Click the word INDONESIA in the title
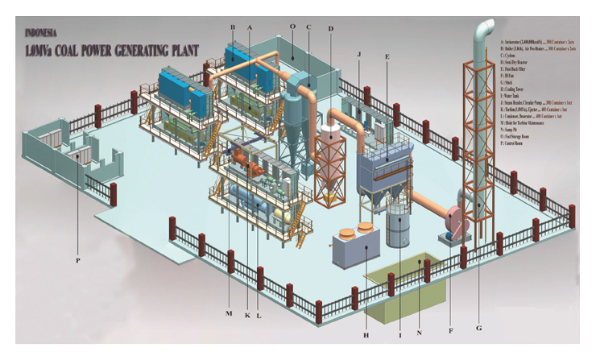[x=41, y=34]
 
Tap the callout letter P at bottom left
[x=79, y=260]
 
